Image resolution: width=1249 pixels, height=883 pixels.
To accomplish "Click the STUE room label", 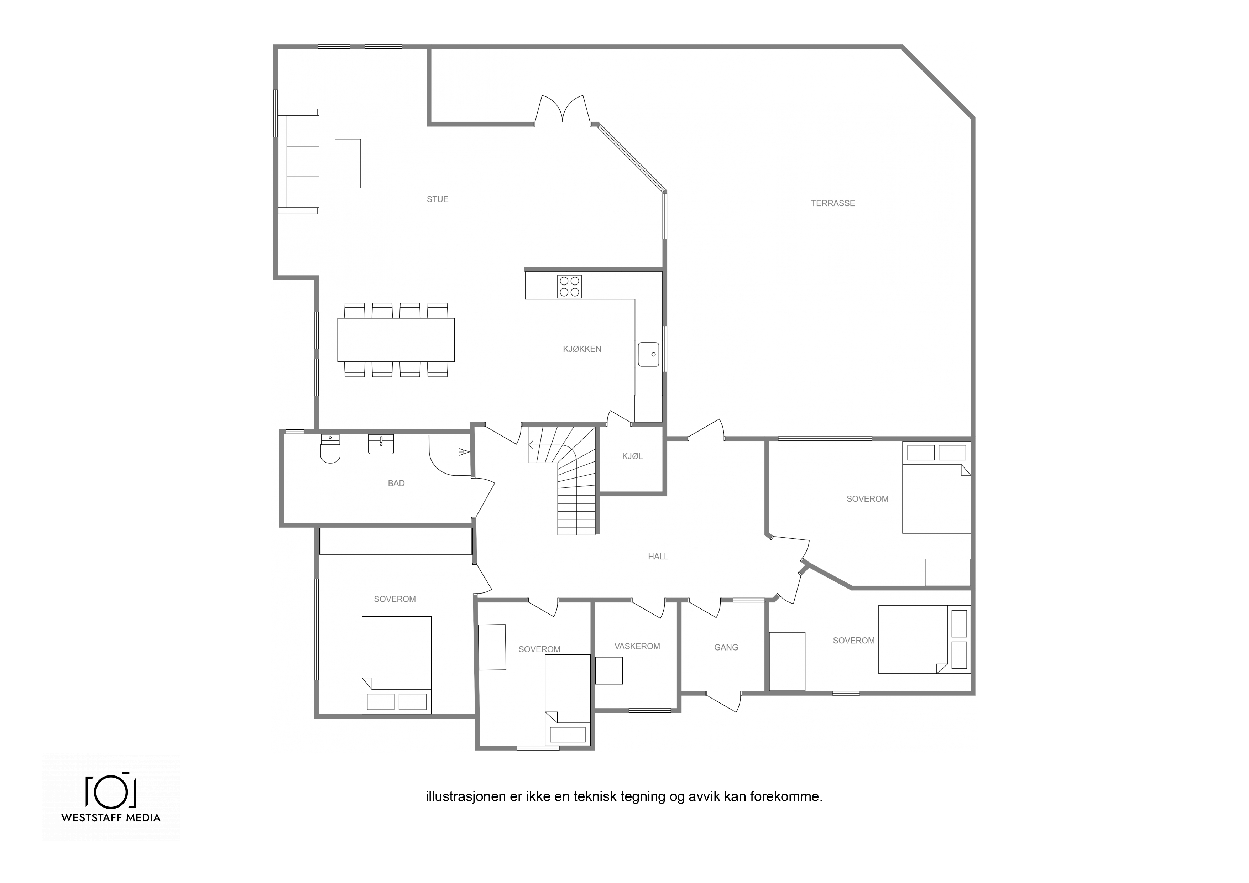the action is click(x=437, y=199).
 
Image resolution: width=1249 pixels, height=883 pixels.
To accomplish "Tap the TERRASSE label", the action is click(x=833, y=203).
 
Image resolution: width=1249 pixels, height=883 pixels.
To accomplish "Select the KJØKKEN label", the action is click(x=582, y=349).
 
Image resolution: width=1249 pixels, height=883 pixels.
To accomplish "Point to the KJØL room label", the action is click(x=632, y=456).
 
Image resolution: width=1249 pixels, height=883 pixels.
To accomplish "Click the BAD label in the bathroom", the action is click(x=396, y=483).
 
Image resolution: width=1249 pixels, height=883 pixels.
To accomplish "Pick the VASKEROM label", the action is click(x=637, y=646).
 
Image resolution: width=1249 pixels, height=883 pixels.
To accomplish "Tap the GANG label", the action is click(x=726, y=647).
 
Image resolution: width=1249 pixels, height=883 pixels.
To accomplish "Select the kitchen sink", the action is click(x=648, y=354).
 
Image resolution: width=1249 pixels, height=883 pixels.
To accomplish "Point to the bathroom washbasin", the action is click(x=381, y=444).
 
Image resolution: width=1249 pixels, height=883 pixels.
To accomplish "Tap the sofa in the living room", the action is click(x=298, y=161).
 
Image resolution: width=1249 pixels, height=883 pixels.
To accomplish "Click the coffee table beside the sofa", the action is click(x=347, y=163).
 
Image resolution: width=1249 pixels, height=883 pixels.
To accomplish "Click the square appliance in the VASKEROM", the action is click(x=609, y=671).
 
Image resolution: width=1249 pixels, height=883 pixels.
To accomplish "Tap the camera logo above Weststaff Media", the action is click(x=110, y=789).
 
